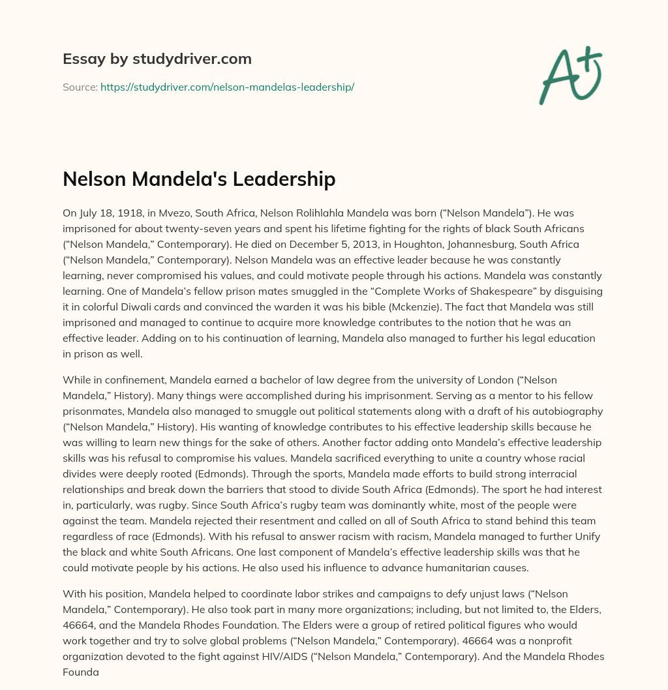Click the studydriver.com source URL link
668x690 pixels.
(227, 86)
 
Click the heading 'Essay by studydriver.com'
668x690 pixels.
(157, 59)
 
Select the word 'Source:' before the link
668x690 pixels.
(80, 86)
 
